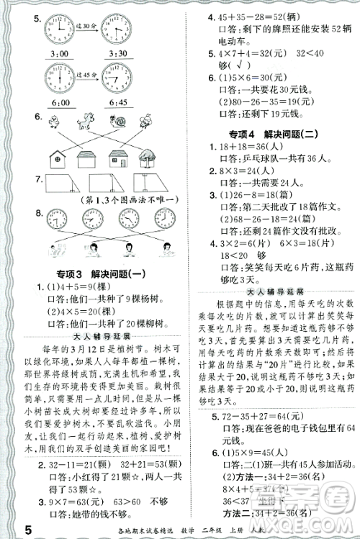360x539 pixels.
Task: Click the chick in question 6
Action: point(53,120)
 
